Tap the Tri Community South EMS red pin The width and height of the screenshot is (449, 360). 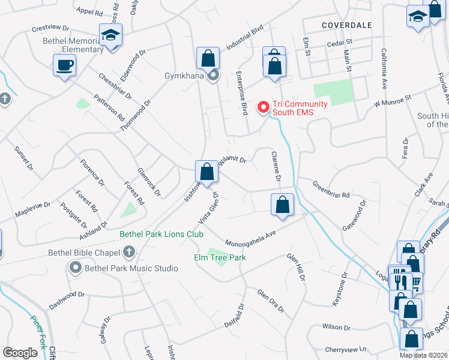(x=263, y=107)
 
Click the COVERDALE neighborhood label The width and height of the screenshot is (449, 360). (x=347, y=25)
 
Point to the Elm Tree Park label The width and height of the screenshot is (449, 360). (x=220, y=257)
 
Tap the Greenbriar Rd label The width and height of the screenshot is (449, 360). (x=331, y=190)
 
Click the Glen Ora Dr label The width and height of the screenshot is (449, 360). (x=270, y=300)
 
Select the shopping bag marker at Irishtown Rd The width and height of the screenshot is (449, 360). (x=206, y=172)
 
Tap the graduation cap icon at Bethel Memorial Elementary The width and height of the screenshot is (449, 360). (x=111, y=35)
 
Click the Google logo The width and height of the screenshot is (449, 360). (x=20, y=352)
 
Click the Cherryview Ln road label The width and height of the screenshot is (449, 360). (x=346, y=349)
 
